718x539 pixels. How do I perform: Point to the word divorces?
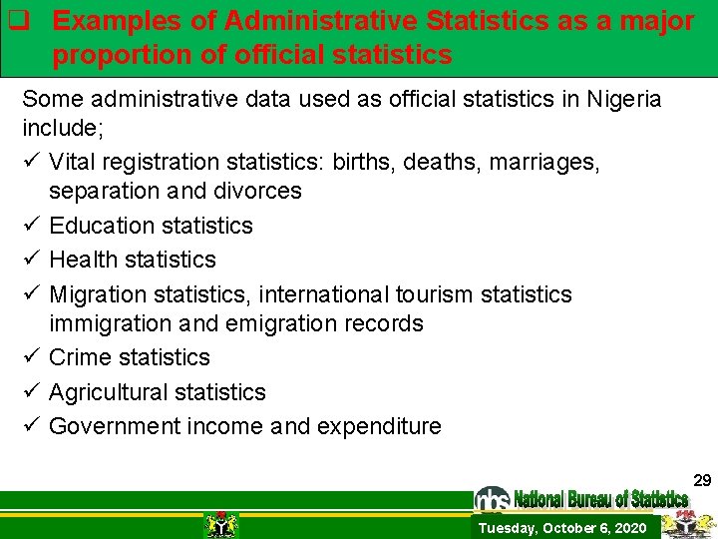point(258,191)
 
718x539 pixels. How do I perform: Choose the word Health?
point(83,260)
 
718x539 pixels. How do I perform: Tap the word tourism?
point(434,294)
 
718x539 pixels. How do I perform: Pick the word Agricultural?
point(107,392)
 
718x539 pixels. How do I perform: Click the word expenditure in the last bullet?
point(379,426)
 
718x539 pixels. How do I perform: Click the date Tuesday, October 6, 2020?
point(561,528)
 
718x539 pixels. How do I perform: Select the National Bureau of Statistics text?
point(600,498)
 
